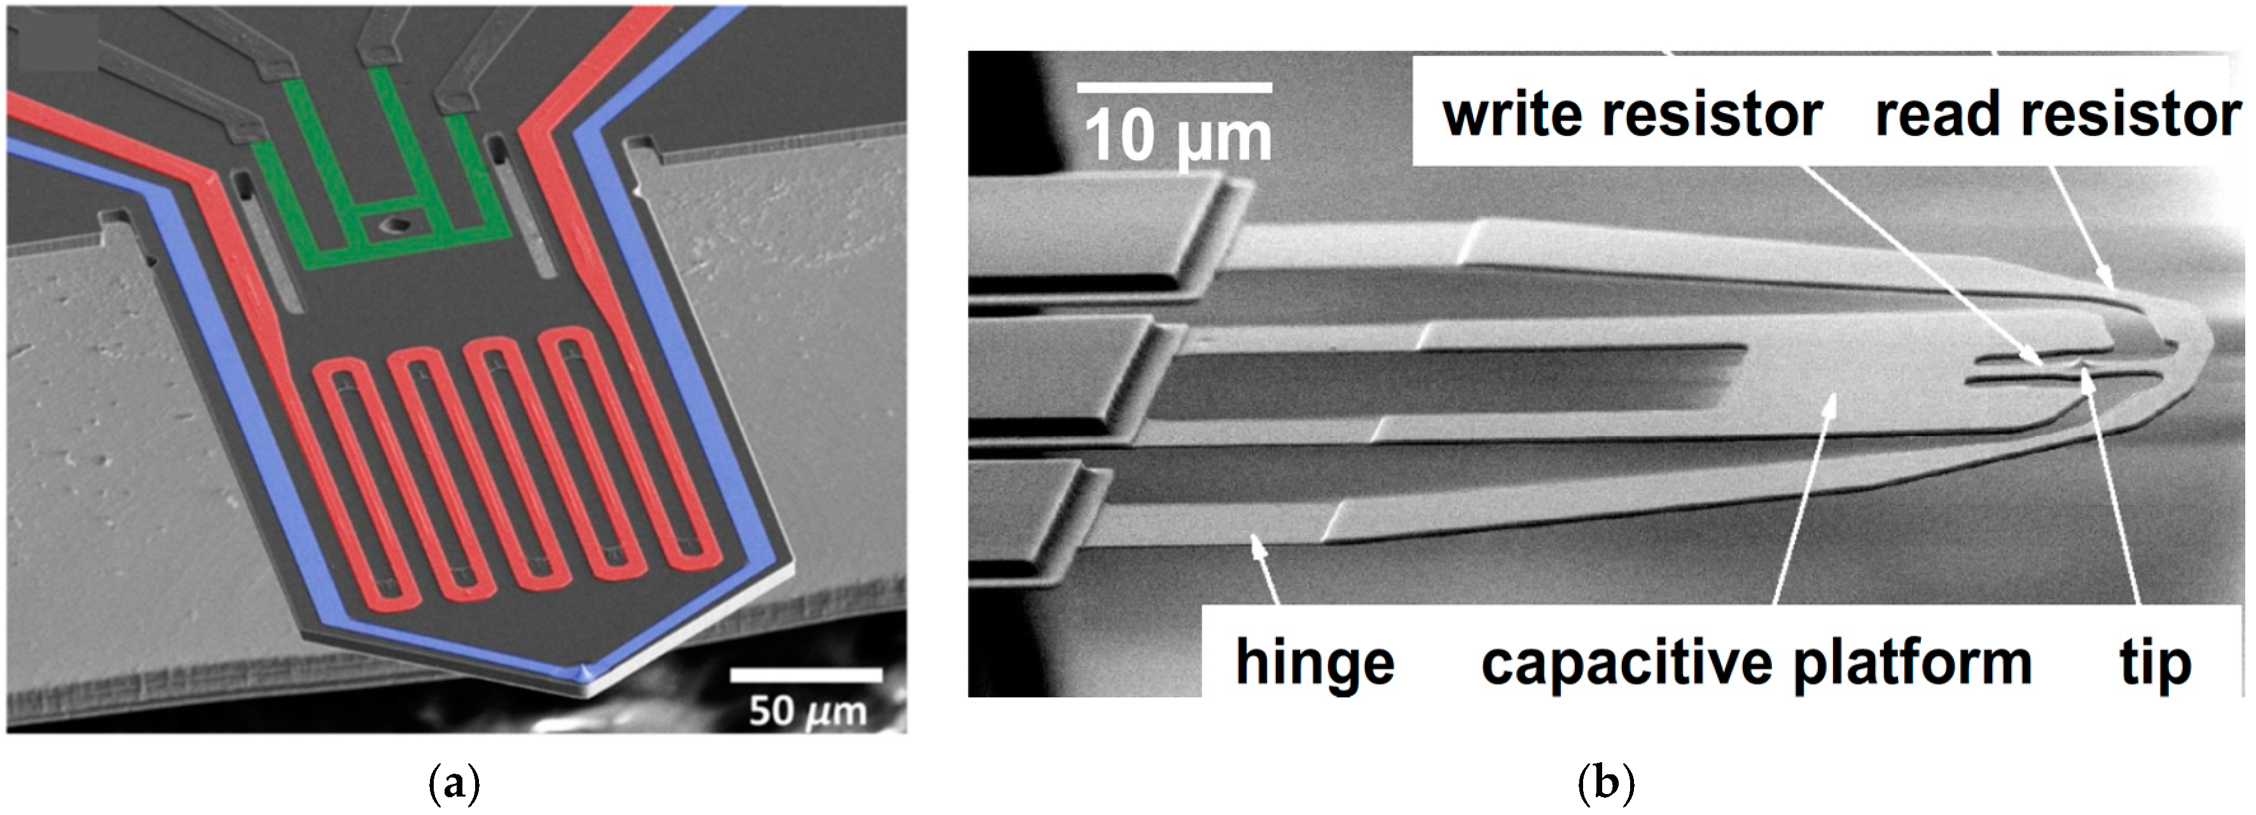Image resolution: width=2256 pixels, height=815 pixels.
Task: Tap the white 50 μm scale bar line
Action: (806, 675)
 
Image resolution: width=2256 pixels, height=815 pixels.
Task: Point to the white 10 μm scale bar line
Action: (1174, 88)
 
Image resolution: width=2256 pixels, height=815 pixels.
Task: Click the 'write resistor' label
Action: (1633, 114)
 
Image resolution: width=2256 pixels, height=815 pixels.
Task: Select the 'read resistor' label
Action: (2057, 114)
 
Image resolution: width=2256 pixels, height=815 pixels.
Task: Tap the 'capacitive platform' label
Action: (1756, 662)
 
